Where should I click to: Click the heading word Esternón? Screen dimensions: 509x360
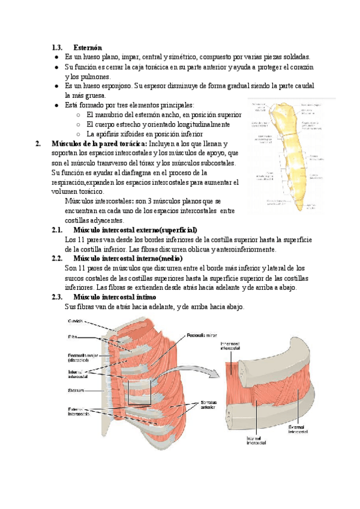88,47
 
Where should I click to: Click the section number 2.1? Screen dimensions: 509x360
58,230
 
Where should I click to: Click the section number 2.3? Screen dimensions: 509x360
58,297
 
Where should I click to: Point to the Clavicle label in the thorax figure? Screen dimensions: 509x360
76,321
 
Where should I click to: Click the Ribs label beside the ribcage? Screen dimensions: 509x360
71,336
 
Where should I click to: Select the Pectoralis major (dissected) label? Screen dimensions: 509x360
79,358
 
